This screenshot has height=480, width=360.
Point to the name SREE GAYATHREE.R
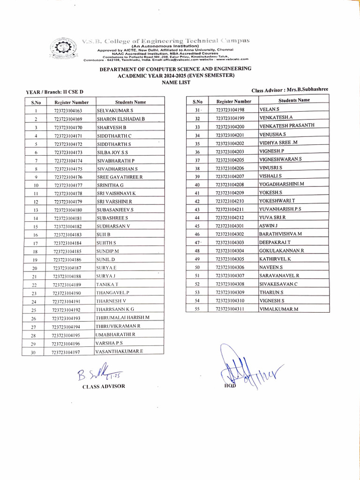[120, 177]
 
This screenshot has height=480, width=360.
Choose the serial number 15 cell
[35, 227]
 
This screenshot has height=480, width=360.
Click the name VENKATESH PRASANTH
[286, 126]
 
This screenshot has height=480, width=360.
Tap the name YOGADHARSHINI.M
[282, 185]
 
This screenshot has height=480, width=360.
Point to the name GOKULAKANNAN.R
[282, 251]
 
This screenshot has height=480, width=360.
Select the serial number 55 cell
[197, 309]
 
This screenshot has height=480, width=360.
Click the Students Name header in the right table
[294, 100]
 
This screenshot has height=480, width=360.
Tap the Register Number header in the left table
[71, 102]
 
